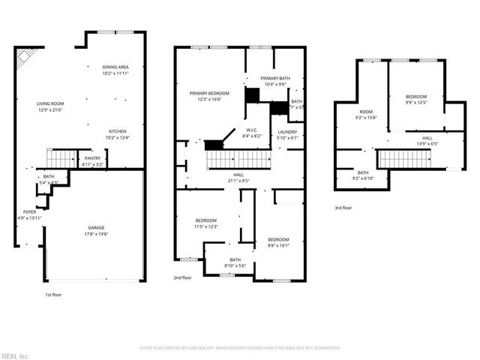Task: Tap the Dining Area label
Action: coord(115,67)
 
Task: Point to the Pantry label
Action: coord(92,158)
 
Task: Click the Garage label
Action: coord(96,227)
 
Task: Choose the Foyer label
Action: coord(29,212)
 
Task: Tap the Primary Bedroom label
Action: coord(209,93)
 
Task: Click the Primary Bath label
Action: coord(275,79)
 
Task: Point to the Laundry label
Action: coord(288,131)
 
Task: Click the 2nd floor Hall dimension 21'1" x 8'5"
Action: coord(238,181)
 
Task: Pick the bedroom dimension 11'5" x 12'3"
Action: coord(205,226)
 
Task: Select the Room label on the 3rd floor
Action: coord(365,112)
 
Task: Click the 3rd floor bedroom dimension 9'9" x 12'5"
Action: coord(416,103)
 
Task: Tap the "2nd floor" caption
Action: coord(182,277)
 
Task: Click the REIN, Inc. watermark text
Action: coord(14,355)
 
